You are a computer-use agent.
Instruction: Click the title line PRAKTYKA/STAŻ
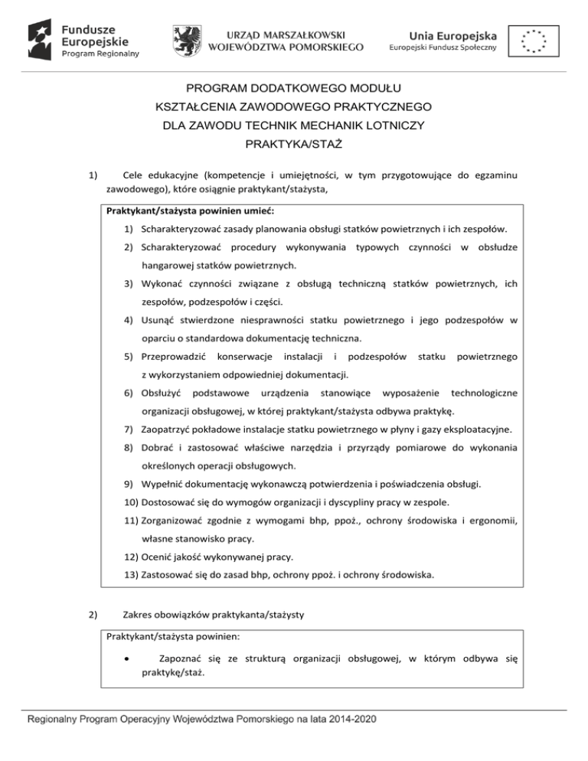click(293, 143)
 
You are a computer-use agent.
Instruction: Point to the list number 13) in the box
click(132, 573)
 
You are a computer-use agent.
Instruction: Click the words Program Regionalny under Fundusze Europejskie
click(100, 54)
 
